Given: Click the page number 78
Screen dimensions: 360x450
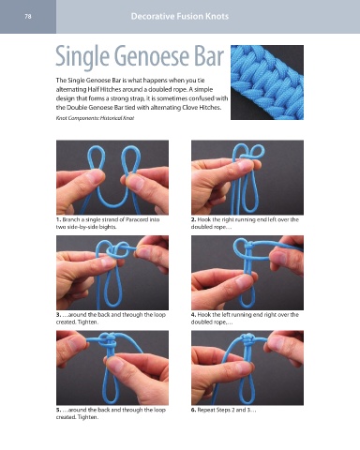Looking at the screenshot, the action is coord(28,17).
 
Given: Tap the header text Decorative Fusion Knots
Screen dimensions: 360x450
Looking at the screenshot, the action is coord(180,16).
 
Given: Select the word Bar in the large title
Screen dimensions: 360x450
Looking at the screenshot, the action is coord(209,56).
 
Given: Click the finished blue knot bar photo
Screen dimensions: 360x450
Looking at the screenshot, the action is coord(267,82).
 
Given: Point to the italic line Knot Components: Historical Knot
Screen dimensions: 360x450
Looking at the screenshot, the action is coord(95,118).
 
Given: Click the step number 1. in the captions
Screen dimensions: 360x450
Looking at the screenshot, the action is coord(58,219).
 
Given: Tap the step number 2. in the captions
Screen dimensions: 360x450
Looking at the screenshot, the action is coord(193,219).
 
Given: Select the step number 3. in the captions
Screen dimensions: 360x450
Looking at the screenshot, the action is coord(58,315).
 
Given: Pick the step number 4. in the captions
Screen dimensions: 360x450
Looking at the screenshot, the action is coord(193,315).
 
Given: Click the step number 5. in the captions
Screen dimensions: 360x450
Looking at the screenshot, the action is coord(58,410).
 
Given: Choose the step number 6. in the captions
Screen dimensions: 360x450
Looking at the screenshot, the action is coord(193,410).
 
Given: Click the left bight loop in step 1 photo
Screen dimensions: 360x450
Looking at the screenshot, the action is coord(89,158).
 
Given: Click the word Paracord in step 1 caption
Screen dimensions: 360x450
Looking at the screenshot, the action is coord(137,219).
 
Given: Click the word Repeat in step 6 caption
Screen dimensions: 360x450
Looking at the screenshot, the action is coord(206,410).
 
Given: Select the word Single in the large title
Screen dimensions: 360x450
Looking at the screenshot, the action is coord(82,57).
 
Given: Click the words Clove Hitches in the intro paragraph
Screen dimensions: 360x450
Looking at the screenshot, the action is coord(202,108).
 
